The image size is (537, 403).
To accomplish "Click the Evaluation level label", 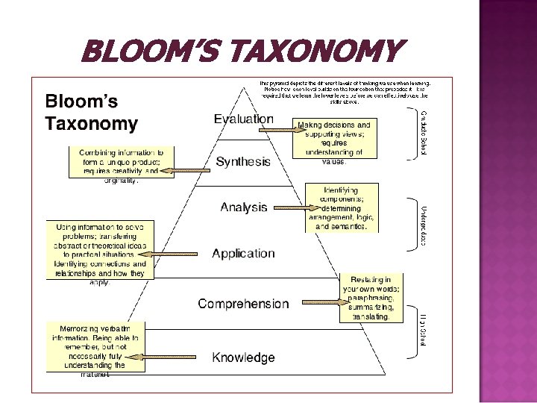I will pyautogui.click(x=243, y=119).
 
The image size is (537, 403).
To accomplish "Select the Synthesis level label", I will pyautogui.click(x=243, y=161).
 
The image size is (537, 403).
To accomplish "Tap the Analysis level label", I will pyautogui.click(x=243, y=207).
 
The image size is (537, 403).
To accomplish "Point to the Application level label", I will pyautogui.click(x=243, y=254).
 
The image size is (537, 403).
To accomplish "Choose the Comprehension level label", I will pyautogui.click(x=243, y=304).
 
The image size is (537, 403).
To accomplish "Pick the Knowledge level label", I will pyautogui.click(x=243, y=357).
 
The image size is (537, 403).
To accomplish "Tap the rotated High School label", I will pyautogui.click(x=424, y=329).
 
